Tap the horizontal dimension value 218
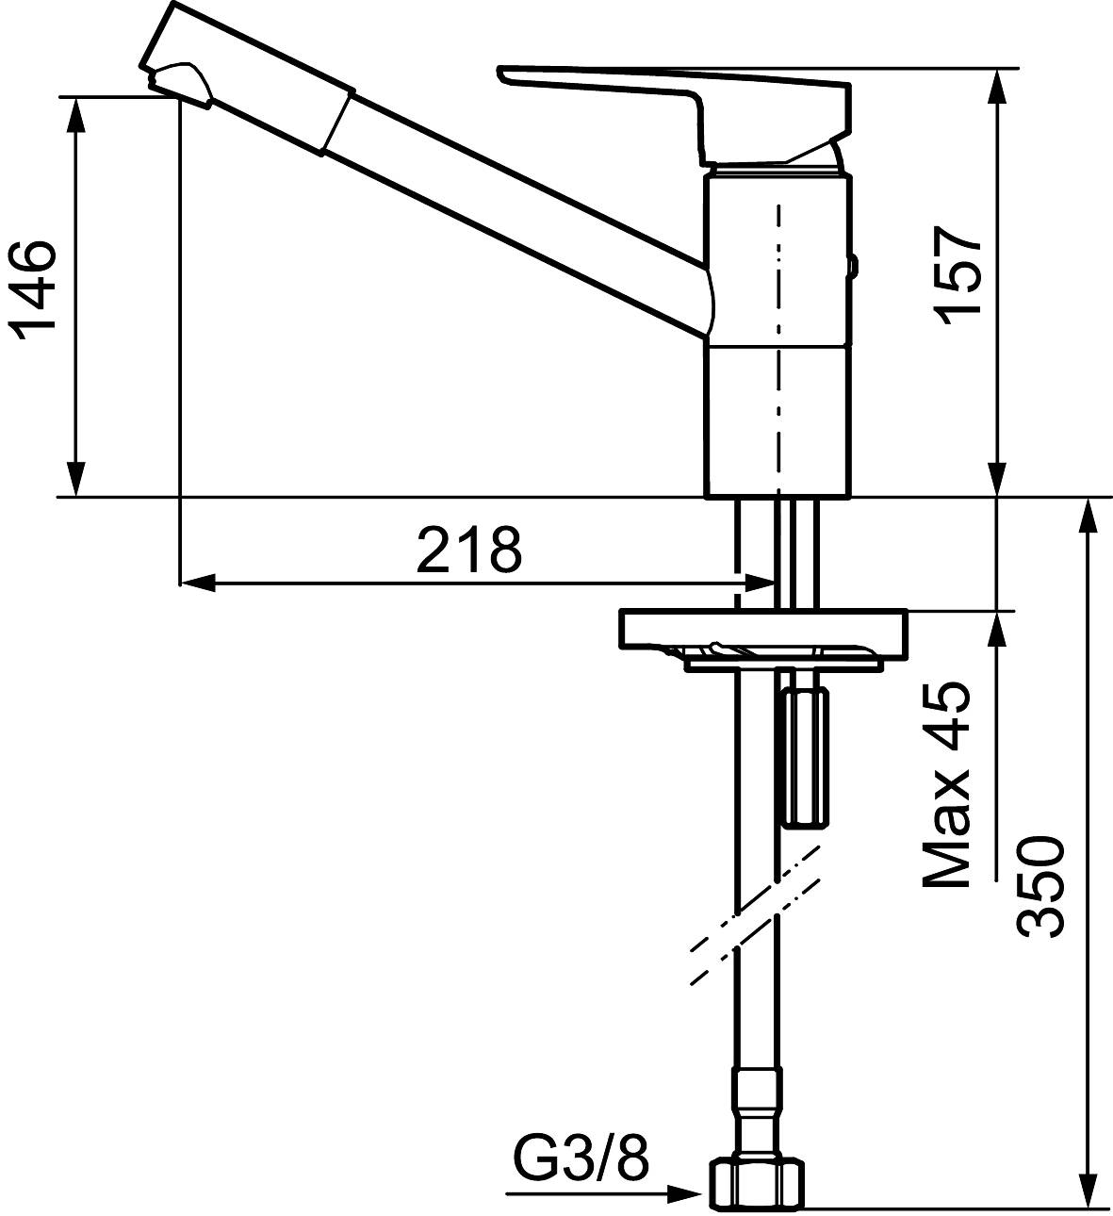(468, 550)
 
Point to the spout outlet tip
(179, 85)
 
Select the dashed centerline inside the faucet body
(778, 349)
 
